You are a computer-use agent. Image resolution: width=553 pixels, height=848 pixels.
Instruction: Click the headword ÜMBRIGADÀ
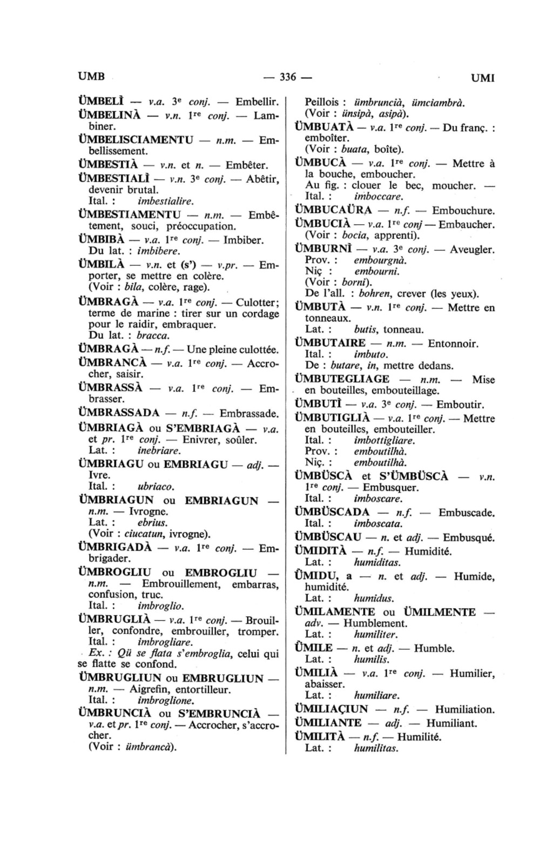point(115,547)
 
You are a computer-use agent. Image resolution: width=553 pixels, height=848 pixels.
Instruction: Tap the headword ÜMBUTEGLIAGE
point(342,379)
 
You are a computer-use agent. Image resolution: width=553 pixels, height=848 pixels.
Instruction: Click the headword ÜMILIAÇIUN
point(331,709)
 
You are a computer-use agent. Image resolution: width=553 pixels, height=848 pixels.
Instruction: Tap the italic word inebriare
point(159,450)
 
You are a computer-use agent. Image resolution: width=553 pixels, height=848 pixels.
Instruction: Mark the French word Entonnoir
point(453,344)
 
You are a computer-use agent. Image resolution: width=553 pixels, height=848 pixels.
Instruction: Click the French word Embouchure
point(463,211)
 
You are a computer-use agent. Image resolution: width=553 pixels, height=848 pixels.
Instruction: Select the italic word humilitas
point(376,748)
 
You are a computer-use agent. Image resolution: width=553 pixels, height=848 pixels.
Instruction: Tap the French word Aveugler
point(472,250)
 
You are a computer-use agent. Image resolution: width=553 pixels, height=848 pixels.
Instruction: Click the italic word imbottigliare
point(385,440)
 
